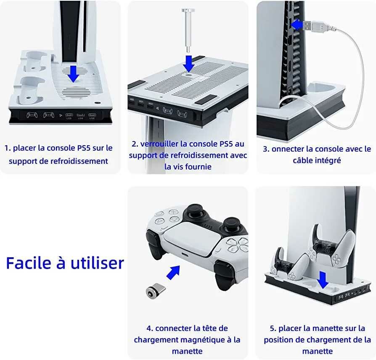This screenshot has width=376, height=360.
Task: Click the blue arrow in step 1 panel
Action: pyautogui.click(x=74, y=73)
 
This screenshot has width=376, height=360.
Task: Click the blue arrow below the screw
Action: pyautogui.click(x=189, y=63)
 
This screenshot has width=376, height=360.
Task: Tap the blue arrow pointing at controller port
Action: pyautogui.click(x=173, y=272)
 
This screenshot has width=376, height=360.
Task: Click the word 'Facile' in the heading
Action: pyautogui.click(x=27, y=263)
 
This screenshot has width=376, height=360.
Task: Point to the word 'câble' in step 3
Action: pyautogui.click(x=304, y=160)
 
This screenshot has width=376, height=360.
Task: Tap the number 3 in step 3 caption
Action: pyautogui.click(x=266, y=149)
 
